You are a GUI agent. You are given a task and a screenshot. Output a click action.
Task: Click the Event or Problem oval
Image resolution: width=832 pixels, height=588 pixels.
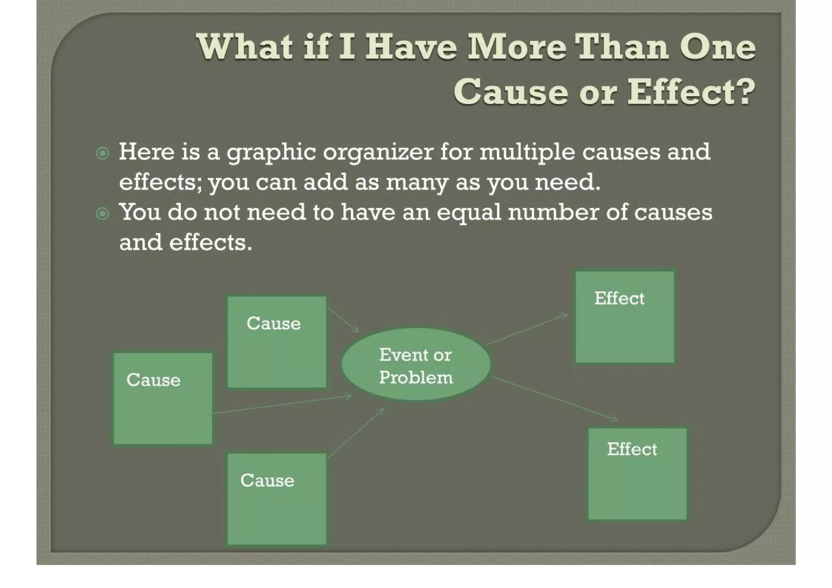[x=416, y=365]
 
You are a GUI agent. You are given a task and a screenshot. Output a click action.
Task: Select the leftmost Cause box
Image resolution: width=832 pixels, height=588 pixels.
[x=162, y=398]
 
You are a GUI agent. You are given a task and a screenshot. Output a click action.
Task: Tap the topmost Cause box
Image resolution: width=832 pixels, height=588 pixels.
[x=277, y=342]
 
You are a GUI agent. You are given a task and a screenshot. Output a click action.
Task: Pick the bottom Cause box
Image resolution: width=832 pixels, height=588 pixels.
[x=277, y=499]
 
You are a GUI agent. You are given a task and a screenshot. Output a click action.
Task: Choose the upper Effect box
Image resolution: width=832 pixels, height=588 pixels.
[x=625, y=317]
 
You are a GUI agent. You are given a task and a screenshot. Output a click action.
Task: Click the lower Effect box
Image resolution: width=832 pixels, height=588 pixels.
[x=637, y=473]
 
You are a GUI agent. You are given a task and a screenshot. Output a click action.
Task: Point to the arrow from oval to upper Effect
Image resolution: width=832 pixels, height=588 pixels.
[x=527, y=329]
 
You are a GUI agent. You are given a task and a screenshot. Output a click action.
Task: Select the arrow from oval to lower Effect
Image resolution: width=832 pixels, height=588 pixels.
[x=555, y=398]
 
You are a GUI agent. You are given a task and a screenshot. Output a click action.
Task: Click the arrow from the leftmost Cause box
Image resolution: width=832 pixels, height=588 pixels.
[x=282, y=404]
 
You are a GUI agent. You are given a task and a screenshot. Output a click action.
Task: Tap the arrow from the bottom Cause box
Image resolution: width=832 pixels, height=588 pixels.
[x=356, y=433]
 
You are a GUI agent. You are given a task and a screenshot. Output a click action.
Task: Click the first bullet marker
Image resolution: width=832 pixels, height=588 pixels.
[x=102, y=153]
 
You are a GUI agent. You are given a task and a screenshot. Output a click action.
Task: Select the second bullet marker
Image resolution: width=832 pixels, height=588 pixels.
[x=102, y=213]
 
